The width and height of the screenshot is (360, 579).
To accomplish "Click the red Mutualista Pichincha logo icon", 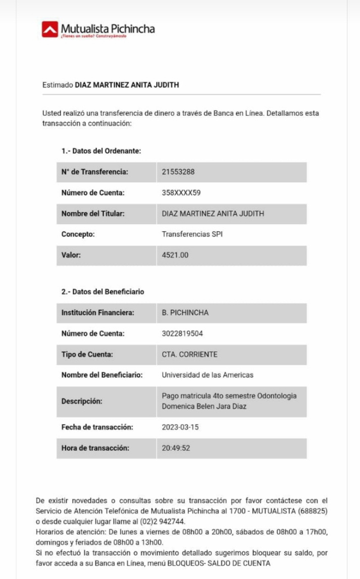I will point(49,29).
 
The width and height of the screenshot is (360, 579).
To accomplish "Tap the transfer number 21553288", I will point(178,172).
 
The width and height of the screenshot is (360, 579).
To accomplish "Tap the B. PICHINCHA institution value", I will point(185,313).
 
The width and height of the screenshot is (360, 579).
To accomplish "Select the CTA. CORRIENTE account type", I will point(189,354).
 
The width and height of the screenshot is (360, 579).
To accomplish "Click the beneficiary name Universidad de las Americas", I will point(208,375).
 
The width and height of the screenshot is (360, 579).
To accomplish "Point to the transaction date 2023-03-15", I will point(180,427).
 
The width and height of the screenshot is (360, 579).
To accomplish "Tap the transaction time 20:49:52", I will point(176,448).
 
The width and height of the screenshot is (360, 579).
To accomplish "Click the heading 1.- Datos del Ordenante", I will point(101,151).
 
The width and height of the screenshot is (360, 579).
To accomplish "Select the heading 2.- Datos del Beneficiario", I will point(102,292).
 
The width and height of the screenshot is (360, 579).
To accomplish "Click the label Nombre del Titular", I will point(92,214).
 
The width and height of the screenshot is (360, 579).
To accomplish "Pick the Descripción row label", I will point(82,401).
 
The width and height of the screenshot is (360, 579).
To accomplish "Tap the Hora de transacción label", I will point(95,448).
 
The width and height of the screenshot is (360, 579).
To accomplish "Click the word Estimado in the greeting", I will point(58,85).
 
